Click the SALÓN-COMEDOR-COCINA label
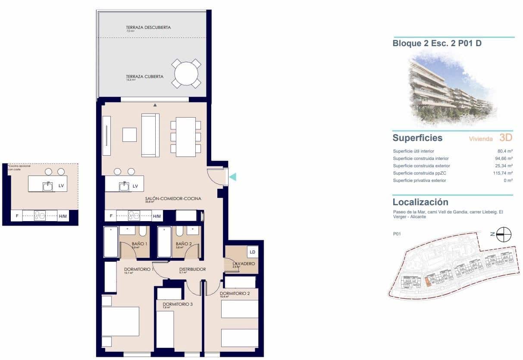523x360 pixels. pyautogui.click(x=173, y=199)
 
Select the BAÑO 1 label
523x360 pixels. pyautogui.click(x=140, y=244)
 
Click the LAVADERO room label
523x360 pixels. pyautogui.click(x=244, y=263)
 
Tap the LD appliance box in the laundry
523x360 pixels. pyautogui.click(x=252, y=252)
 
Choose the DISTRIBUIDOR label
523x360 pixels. pyautogui.click(x=192, y=269)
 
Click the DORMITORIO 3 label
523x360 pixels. pyautogui.click(x=178, y=304)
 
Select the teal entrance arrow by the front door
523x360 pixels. pyautogui.click(x=232, y=176)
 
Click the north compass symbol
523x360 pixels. pyautogui.click(x=504, y=235)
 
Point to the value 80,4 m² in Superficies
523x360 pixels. pyautogui.click(x=504, y=151)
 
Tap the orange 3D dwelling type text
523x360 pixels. pyautogui.click(x=506, y=138)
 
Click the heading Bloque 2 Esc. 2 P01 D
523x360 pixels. pyautogui.click(x=437, y=44)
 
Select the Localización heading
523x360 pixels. pyautogui.click(x=420, y=202)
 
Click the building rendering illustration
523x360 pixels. pyautogui.click(x=451, y=88)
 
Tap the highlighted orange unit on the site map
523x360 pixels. pyautogui.click(x=427, y=282)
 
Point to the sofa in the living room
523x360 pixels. pyautogui.click(x=150, y=135)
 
